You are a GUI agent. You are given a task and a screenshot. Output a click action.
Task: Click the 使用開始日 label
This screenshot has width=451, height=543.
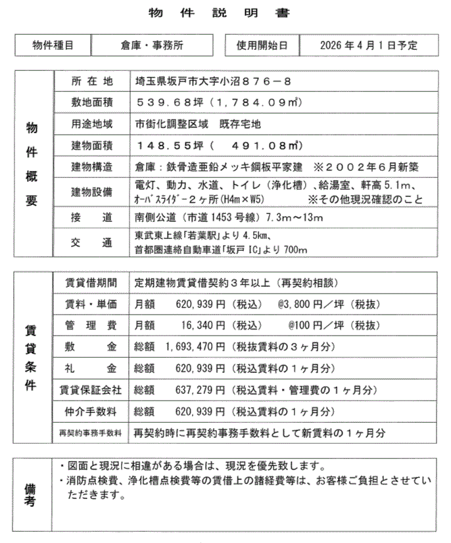click(x=262, y=45)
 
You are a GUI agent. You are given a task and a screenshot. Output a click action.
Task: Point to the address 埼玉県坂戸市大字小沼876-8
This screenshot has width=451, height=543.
click(x=213, y=81)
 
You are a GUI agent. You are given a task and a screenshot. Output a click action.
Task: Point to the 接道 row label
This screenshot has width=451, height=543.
click(x=92, y=217)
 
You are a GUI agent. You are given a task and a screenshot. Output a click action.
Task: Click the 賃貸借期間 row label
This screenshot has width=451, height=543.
click(x=92, y=283)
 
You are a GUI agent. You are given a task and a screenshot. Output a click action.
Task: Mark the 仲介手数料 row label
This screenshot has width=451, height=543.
click(x=92, y=412)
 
